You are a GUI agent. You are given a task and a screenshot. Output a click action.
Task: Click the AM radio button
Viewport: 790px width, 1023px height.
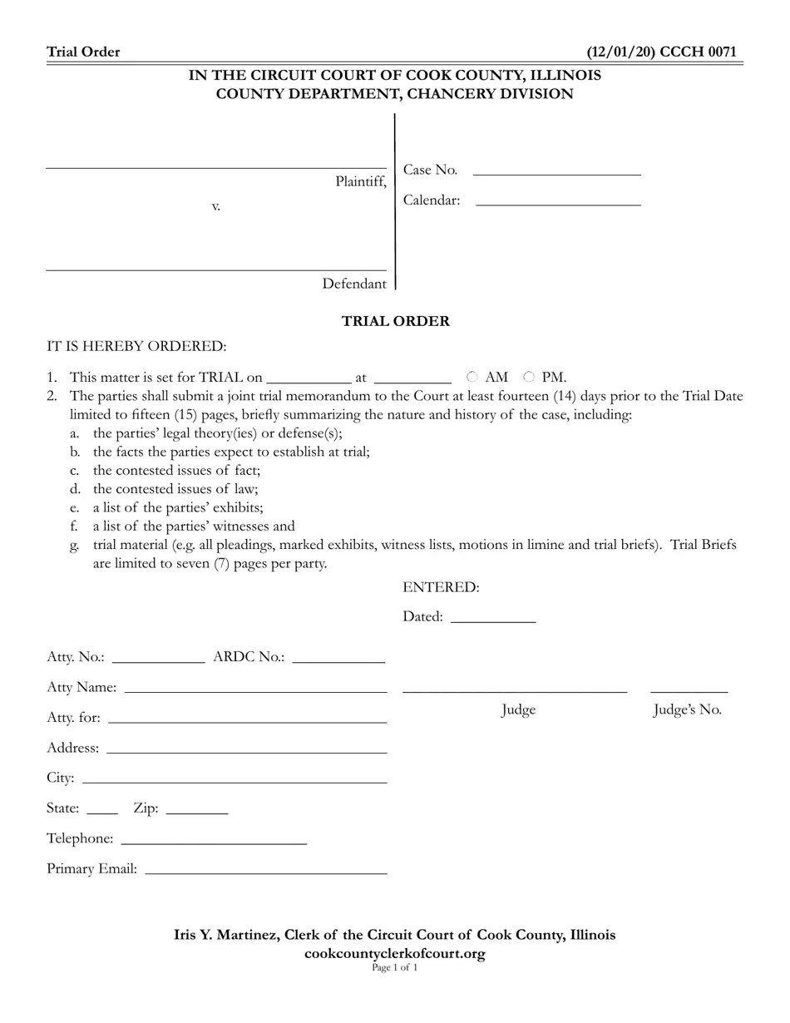click(472, 377)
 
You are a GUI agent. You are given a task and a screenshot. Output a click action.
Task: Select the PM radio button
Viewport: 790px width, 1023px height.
click(529, 377)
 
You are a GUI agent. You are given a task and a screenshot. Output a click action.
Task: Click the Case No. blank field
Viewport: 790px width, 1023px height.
click(556, 170)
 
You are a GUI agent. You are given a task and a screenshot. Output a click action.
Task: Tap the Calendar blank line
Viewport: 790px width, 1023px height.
click(558, 200)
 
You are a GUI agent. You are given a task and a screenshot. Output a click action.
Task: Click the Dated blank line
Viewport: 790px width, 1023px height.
click(493, 616)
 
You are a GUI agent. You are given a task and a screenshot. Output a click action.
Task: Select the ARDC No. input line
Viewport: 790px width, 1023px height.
click(338, 656)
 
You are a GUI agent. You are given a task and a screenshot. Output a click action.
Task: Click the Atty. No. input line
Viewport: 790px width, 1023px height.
click(157, 656)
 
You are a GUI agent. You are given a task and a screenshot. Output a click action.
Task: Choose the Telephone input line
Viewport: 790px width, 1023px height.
click(214, 838)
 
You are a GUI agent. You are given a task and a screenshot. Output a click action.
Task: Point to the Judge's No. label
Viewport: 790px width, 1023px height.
click(687, 709)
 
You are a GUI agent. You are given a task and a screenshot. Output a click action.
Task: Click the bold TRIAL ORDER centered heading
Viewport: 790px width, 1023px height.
click(395, 321)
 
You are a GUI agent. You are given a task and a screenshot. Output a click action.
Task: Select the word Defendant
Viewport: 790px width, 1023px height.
click(354, 284)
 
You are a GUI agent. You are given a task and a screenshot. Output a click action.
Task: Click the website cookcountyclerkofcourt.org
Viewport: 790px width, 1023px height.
click(395, 953)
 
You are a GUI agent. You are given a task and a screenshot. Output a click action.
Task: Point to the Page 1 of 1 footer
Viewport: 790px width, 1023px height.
click(395, 967)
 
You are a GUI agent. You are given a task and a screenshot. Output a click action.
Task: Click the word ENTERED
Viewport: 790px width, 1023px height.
click(441, 587)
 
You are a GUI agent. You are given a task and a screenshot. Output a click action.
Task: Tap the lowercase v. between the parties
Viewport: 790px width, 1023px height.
click(215, 206)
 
